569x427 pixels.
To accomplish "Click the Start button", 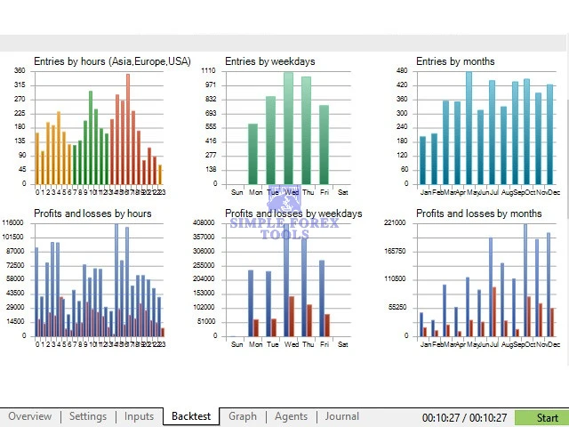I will click(x=541, y=417).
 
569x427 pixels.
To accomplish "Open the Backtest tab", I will click(x=191, y=416).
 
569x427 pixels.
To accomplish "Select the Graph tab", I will click(x=243, y=416).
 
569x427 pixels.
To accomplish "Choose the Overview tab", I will click(x=30, y=416).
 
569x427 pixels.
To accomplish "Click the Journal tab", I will click(x=341, y=416).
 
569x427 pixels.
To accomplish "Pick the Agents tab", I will click(x=291, y=416).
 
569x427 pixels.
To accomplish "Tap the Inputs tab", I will click(x=139, y=416).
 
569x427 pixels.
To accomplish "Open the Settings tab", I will click(x=87, y=416).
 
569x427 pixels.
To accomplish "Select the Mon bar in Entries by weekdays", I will click(x=252, y=154).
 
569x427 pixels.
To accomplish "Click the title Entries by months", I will click(x=455, y=61).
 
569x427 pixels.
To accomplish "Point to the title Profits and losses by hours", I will click(x=92, y=213).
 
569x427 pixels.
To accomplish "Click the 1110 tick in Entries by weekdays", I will click(x=208, y=70).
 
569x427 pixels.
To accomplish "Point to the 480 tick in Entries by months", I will click(x=401, y=70).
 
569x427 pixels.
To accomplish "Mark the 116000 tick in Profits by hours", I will click(x=13, y=222).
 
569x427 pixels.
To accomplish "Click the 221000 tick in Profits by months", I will click(x=397, y=222).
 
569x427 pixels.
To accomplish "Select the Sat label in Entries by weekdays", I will click(x=343, y=192).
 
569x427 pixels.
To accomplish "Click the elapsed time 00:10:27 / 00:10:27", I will click(x=464, y=417).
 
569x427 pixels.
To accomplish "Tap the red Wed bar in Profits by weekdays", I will click(x=292, y=316).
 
